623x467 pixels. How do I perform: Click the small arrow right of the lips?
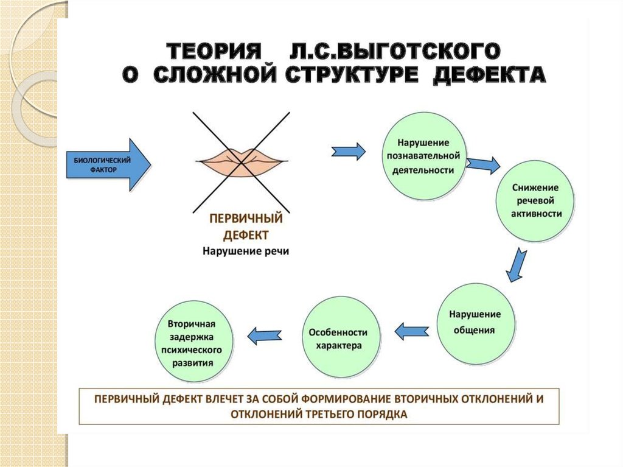point(349,150)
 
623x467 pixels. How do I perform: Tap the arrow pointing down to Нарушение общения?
point(517,264)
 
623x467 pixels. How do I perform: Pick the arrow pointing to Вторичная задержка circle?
point(265,334)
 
